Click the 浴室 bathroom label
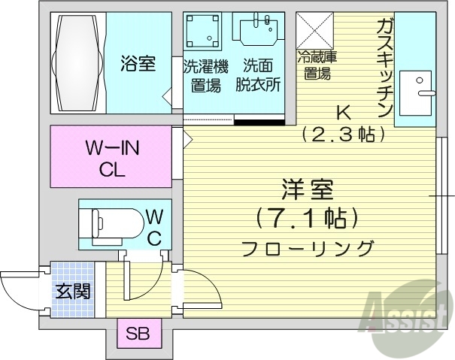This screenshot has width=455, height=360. tap(138, 64)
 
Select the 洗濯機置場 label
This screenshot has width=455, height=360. tap(202, 75)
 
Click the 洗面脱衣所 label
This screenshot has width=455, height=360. tap(260, 75)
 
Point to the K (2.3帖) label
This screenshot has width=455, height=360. tap(343, 123)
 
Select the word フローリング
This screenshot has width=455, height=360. tap(308, 247)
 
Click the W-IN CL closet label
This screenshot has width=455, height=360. tap(111, 157)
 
